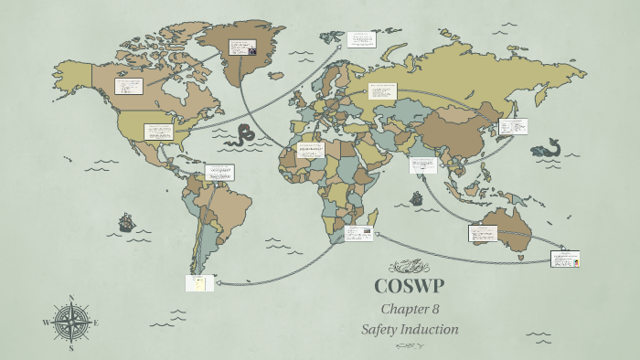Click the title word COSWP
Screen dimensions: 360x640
[409, 285]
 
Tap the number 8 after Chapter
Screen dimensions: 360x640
[435, 309]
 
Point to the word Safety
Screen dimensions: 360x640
[382, 329]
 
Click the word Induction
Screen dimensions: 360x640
[431, 329]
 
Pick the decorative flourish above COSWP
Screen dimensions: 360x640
[408, 267]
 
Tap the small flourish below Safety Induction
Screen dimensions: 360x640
[409, 346]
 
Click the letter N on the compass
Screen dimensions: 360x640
[71, 298]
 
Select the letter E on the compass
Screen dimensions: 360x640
[96, 323]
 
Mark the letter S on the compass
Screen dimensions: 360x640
[71, 348]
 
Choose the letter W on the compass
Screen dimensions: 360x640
[46, 323]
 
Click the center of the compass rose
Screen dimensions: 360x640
[71, 323]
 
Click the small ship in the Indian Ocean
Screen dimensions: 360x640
[416, 197]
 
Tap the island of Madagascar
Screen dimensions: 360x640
[373, 218]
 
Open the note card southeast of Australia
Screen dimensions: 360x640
[564, 259]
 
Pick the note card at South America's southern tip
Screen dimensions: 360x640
[199, 282]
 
